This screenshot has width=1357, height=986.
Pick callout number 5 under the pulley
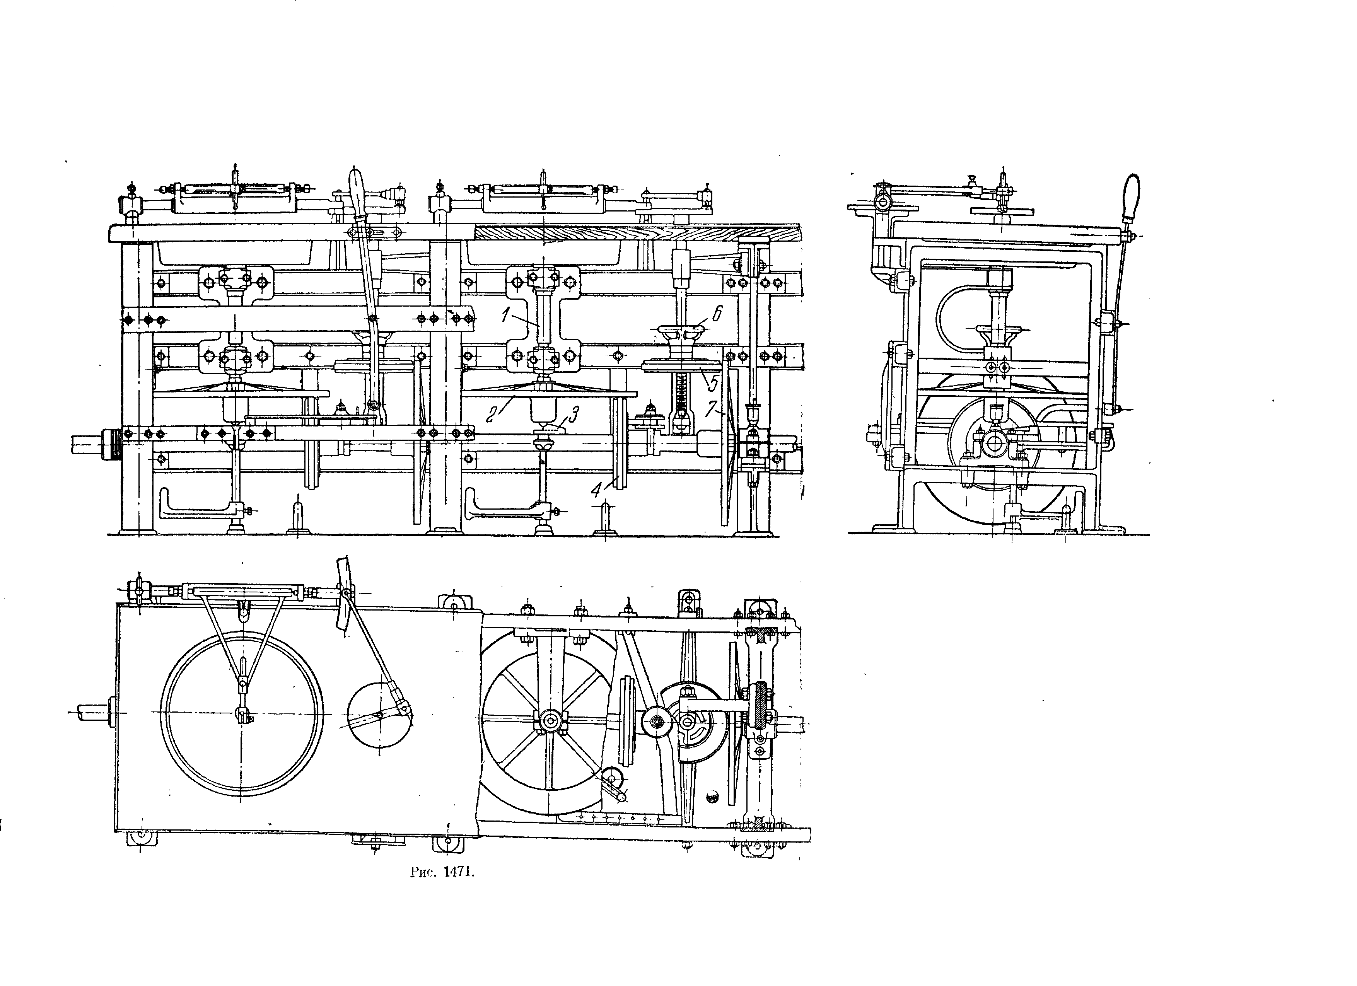coord(712,381)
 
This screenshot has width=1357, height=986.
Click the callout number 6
coord(717,312)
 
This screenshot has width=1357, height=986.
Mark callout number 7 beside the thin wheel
coord(710,409)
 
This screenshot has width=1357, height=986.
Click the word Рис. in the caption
coord(423,872)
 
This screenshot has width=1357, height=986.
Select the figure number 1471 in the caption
coord(458,872)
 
